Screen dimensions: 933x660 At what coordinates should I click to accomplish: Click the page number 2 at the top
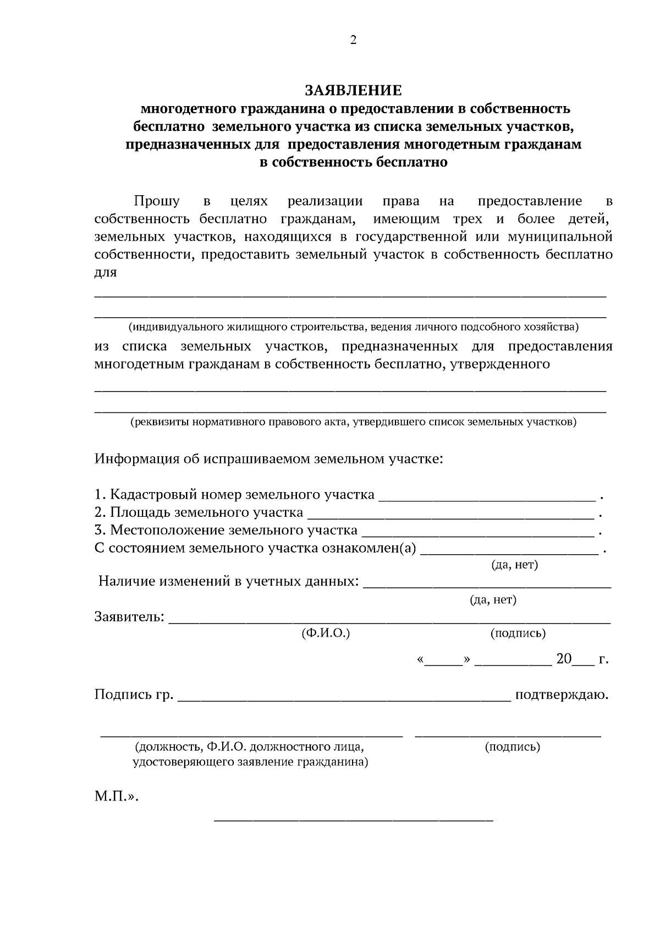coord(353,40)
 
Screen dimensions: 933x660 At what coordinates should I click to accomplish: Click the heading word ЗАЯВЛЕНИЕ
coord(353,90)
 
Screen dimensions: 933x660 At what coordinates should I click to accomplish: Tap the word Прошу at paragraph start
coord(156,201)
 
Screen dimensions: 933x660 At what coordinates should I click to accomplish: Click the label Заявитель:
coord(129,616)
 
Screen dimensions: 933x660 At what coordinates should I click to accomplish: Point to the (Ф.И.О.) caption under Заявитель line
coord(326,633)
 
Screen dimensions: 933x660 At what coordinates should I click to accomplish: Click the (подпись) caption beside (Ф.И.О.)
coord(518,633)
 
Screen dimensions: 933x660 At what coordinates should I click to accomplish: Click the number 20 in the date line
coord(564,659)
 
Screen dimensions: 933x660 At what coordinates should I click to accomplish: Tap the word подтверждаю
coord(562,695)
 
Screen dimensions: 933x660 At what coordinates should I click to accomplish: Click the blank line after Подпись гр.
coord(344,699)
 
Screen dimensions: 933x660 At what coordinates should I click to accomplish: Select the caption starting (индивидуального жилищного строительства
coord(353,328)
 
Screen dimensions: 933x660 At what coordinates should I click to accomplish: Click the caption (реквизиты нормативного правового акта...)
coord(353,422)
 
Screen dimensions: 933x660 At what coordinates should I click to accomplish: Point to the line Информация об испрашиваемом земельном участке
coord(268,459)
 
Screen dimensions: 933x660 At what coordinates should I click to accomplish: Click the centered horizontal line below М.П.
coord(353,821)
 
